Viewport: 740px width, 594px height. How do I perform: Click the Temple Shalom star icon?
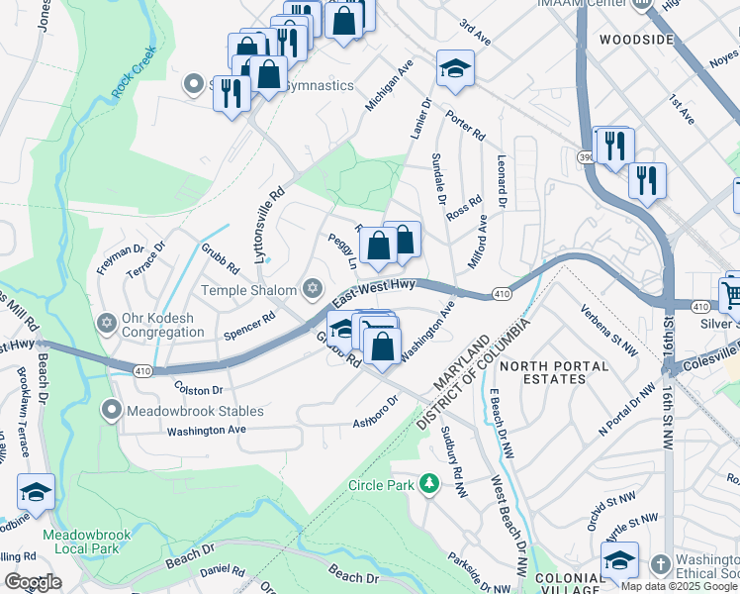coord(313,289)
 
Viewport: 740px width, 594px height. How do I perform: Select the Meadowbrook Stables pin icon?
coord(112,410)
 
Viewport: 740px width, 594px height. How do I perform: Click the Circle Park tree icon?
coord(428,484)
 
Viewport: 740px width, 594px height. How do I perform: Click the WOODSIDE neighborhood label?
coord(636,40)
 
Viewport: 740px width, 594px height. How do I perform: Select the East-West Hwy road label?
coord(373,291)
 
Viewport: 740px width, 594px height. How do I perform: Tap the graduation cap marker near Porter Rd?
coord(455,68)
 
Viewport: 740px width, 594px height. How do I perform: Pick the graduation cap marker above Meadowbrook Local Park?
coord(36,491)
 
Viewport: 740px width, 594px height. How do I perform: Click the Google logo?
coord(33,581)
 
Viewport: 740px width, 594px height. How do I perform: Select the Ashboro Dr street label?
coord(375,414)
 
